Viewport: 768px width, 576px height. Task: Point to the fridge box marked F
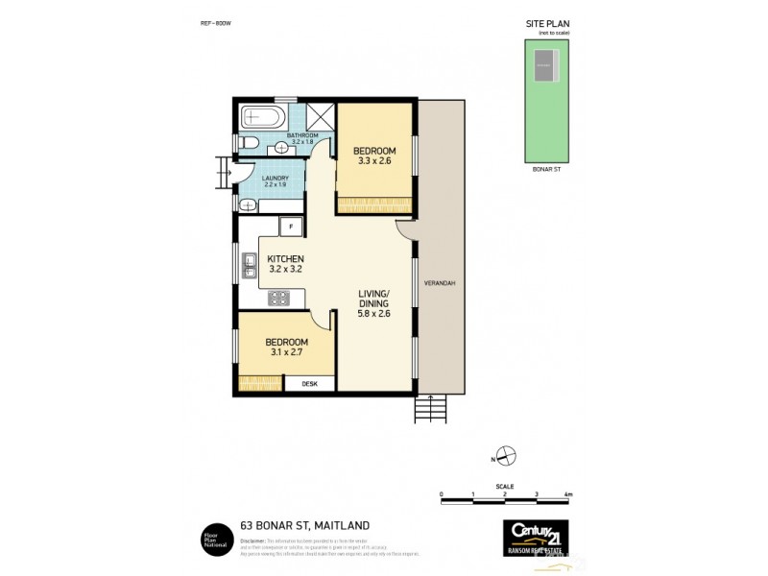tap(285, 227)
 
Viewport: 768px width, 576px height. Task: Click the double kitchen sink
tap(248, 265)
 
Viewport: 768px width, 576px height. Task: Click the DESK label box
tap(309, 384)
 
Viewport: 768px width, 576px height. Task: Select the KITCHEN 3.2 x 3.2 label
tap(285, 265)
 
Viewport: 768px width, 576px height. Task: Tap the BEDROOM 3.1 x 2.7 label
tap(286, 348)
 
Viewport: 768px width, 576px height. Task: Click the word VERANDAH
tap(445, 283)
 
